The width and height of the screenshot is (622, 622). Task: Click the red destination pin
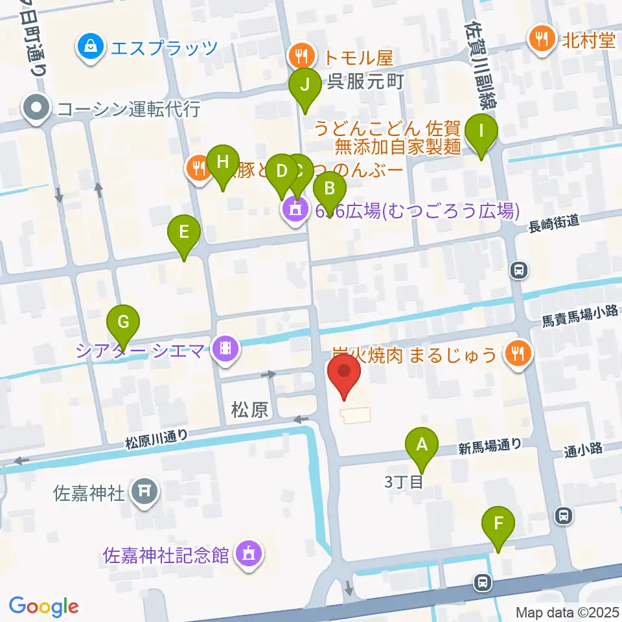tap(344, 375)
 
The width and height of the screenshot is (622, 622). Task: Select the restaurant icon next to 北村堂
tap(540, 40)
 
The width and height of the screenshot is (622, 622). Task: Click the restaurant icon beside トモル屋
tap(300, 56)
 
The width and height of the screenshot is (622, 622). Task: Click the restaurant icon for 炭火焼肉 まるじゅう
tap(518, 354)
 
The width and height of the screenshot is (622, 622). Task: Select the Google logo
tap(43, 606)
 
